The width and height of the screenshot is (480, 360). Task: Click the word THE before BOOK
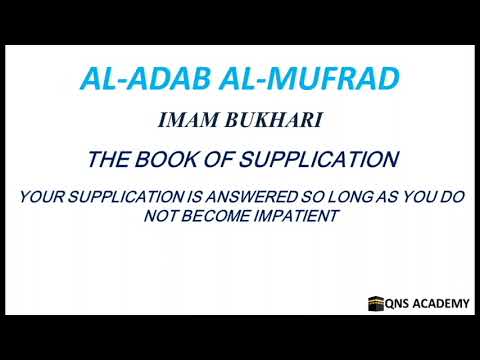[109, 159]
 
